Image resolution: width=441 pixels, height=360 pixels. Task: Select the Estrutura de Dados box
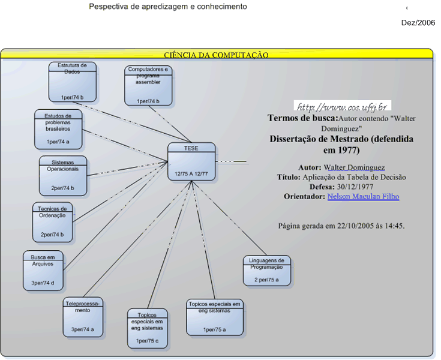[x=73, y=82]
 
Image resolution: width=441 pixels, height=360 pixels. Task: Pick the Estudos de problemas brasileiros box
[x=58, y=129]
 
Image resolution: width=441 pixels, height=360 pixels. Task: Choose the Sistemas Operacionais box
[x=63, y=175]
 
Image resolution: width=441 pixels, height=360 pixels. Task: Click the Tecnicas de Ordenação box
[x=52, y=221]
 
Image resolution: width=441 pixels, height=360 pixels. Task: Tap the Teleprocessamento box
[x=83, y=316]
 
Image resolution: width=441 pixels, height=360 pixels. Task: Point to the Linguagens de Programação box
[x=268, y=270]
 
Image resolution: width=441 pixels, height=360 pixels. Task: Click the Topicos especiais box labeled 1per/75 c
[x=148, y=328]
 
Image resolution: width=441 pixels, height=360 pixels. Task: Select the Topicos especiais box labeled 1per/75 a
[x=214, y=317]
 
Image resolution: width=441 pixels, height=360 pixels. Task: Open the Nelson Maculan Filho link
[x=363, y=197]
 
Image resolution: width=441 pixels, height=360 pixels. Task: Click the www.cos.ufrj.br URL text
[x=341, y=107]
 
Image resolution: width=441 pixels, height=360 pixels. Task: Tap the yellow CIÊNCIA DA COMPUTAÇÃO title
[x=216, y=55]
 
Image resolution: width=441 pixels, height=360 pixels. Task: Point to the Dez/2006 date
[x=418, y=22]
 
